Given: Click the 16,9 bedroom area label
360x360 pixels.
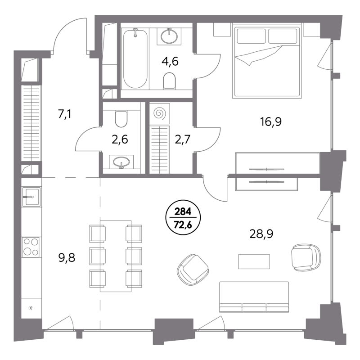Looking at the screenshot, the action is (271, 122).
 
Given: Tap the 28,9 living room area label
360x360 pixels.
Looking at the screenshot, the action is (261, 234).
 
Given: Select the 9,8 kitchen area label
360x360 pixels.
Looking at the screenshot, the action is (67, 258).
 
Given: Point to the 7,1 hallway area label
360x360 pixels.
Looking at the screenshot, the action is (64, 114).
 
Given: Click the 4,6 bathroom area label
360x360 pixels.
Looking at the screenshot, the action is (170, 62).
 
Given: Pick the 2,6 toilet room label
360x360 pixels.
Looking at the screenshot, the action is (120, 139).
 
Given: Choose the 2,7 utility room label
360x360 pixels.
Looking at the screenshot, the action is (183, 139).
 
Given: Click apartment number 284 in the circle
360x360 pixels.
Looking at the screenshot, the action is (183, 212).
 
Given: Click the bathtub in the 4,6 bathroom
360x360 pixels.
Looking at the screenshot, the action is (135, 58).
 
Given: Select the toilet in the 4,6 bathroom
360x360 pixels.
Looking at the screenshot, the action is (170, 81).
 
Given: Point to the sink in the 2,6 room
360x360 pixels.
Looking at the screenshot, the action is (121, 162).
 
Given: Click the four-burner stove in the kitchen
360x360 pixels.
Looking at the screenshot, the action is (31, 247).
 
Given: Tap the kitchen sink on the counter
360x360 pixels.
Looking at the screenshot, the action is (31, 197).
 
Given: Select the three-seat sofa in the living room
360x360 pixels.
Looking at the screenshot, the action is (254, 297).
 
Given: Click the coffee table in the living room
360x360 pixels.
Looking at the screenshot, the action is (254, 261).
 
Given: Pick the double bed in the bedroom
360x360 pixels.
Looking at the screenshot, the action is (266, 61).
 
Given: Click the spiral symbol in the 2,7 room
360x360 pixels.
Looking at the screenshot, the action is (160, 113).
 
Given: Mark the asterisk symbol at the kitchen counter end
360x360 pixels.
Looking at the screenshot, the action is (31, 308).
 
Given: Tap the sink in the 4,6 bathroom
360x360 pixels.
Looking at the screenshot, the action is (169, 36).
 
